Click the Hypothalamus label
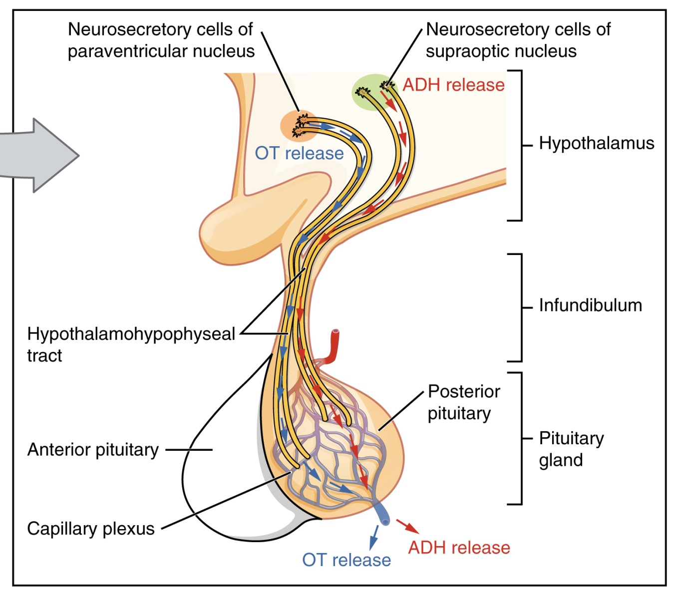tap(596, 144)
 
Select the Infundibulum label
tap(590, 305)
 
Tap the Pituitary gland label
tap(571, 449)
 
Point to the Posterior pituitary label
tap(463, 402)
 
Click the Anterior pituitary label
tap(93, 450)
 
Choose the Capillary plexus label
tap(90, 529)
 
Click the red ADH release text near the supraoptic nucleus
tap(453, 85)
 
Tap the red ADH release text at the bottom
tap(459, 548)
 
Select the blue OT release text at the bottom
tap(346, 560)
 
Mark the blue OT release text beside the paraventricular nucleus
tap(299, 153)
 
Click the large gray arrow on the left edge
tap(40, 155)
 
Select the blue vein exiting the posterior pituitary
tap(382, 514)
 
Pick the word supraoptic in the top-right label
tap(458, 51)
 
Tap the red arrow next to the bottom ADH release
tap(407, 526)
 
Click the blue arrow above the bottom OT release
tap(374, 537)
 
